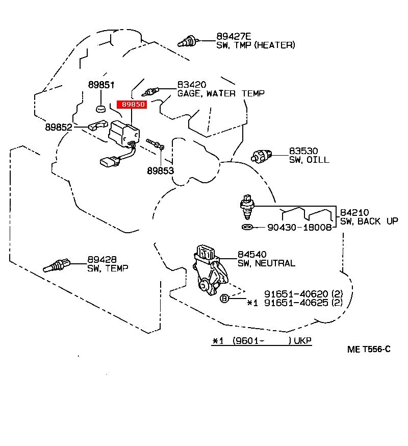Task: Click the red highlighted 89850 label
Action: click(132, 104)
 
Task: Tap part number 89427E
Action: click(234, 36)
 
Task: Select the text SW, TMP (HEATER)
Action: click(256, 45)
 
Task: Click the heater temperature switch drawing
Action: click(187, 41)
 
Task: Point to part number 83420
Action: click(191, 85)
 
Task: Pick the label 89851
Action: click(100, 85)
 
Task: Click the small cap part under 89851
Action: click(101, 108)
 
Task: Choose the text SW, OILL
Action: click(309, 160)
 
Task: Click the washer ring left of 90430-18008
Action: click(246, 227)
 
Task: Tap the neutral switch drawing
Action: click(209, 269)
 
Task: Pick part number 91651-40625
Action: click(296, 303)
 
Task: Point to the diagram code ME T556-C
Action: click(369, 349)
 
